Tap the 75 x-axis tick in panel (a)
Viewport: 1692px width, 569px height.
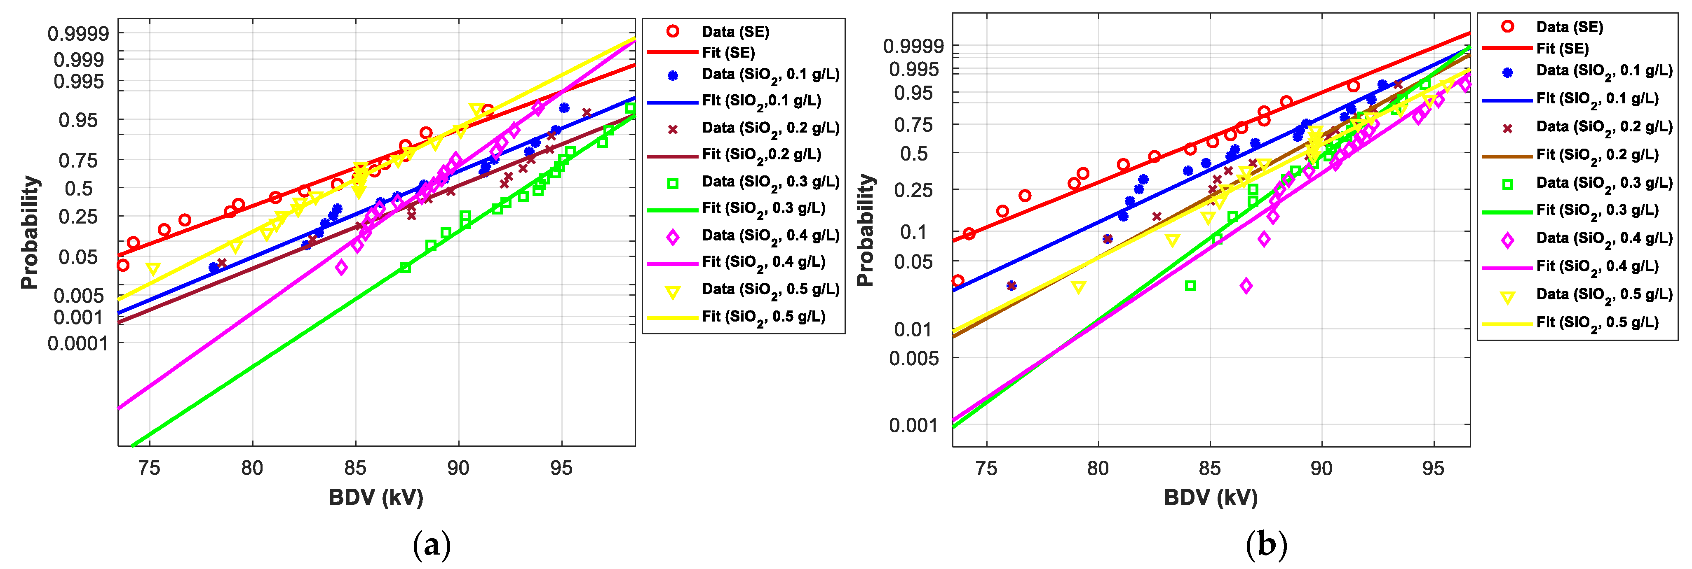[150, 468]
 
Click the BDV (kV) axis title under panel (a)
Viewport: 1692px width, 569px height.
[376, 497]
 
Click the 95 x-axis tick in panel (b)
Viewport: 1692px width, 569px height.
[1433, 468]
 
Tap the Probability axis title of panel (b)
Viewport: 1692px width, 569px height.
[866, 230]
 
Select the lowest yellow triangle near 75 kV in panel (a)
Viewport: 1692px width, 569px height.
[153, 268]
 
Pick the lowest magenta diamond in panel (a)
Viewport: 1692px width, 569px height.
[341, 267]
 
